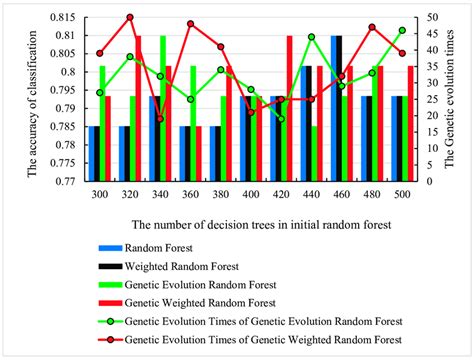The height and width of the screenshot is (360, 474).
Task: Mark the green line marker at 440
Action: pyautogui.click(x=312, y=37)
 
